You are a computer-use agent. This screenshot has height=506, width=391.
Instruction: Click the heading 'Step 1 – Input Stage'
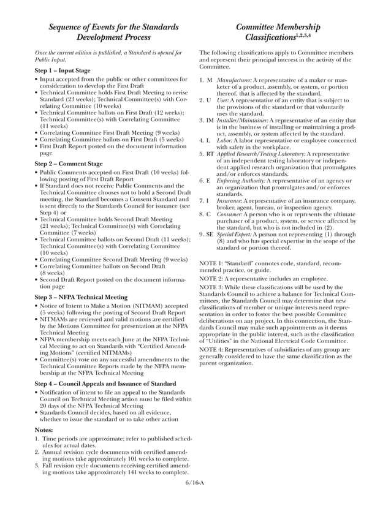(x=62, y=71)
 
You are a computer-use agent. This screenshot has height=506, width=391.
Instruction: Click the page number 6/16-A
(x=194, y=484)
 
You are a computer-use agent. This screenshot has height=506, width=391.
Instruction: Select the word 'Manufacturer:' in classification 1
(x=234, y=80)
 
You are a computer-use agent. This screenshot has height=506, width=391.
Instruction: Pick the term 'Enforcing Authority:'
(x=241, y=181)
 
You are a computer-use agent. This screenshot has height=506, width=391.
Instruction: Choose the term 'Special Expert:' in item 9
(x=235, y=234)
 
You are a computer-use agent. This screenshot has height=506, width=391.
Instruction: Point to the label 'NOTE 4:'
(x=212, y=349)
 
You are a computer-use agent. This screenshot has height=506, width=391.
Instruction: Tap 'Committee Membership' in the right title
(x=278, y=27)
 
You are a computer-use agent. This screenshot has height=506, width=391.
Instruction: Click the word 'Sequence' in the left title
(x=69, y=27)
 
